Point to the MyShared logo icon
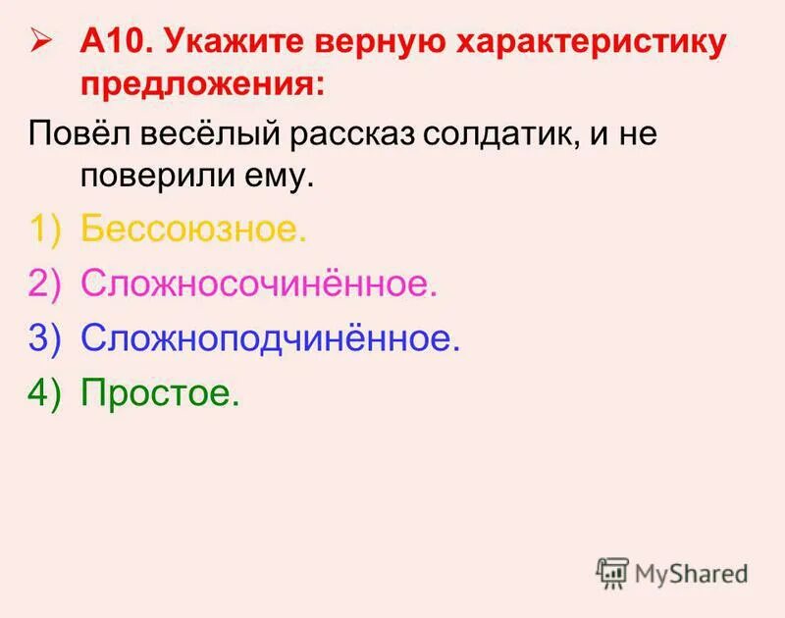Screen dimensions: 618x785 coord(612,572)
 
